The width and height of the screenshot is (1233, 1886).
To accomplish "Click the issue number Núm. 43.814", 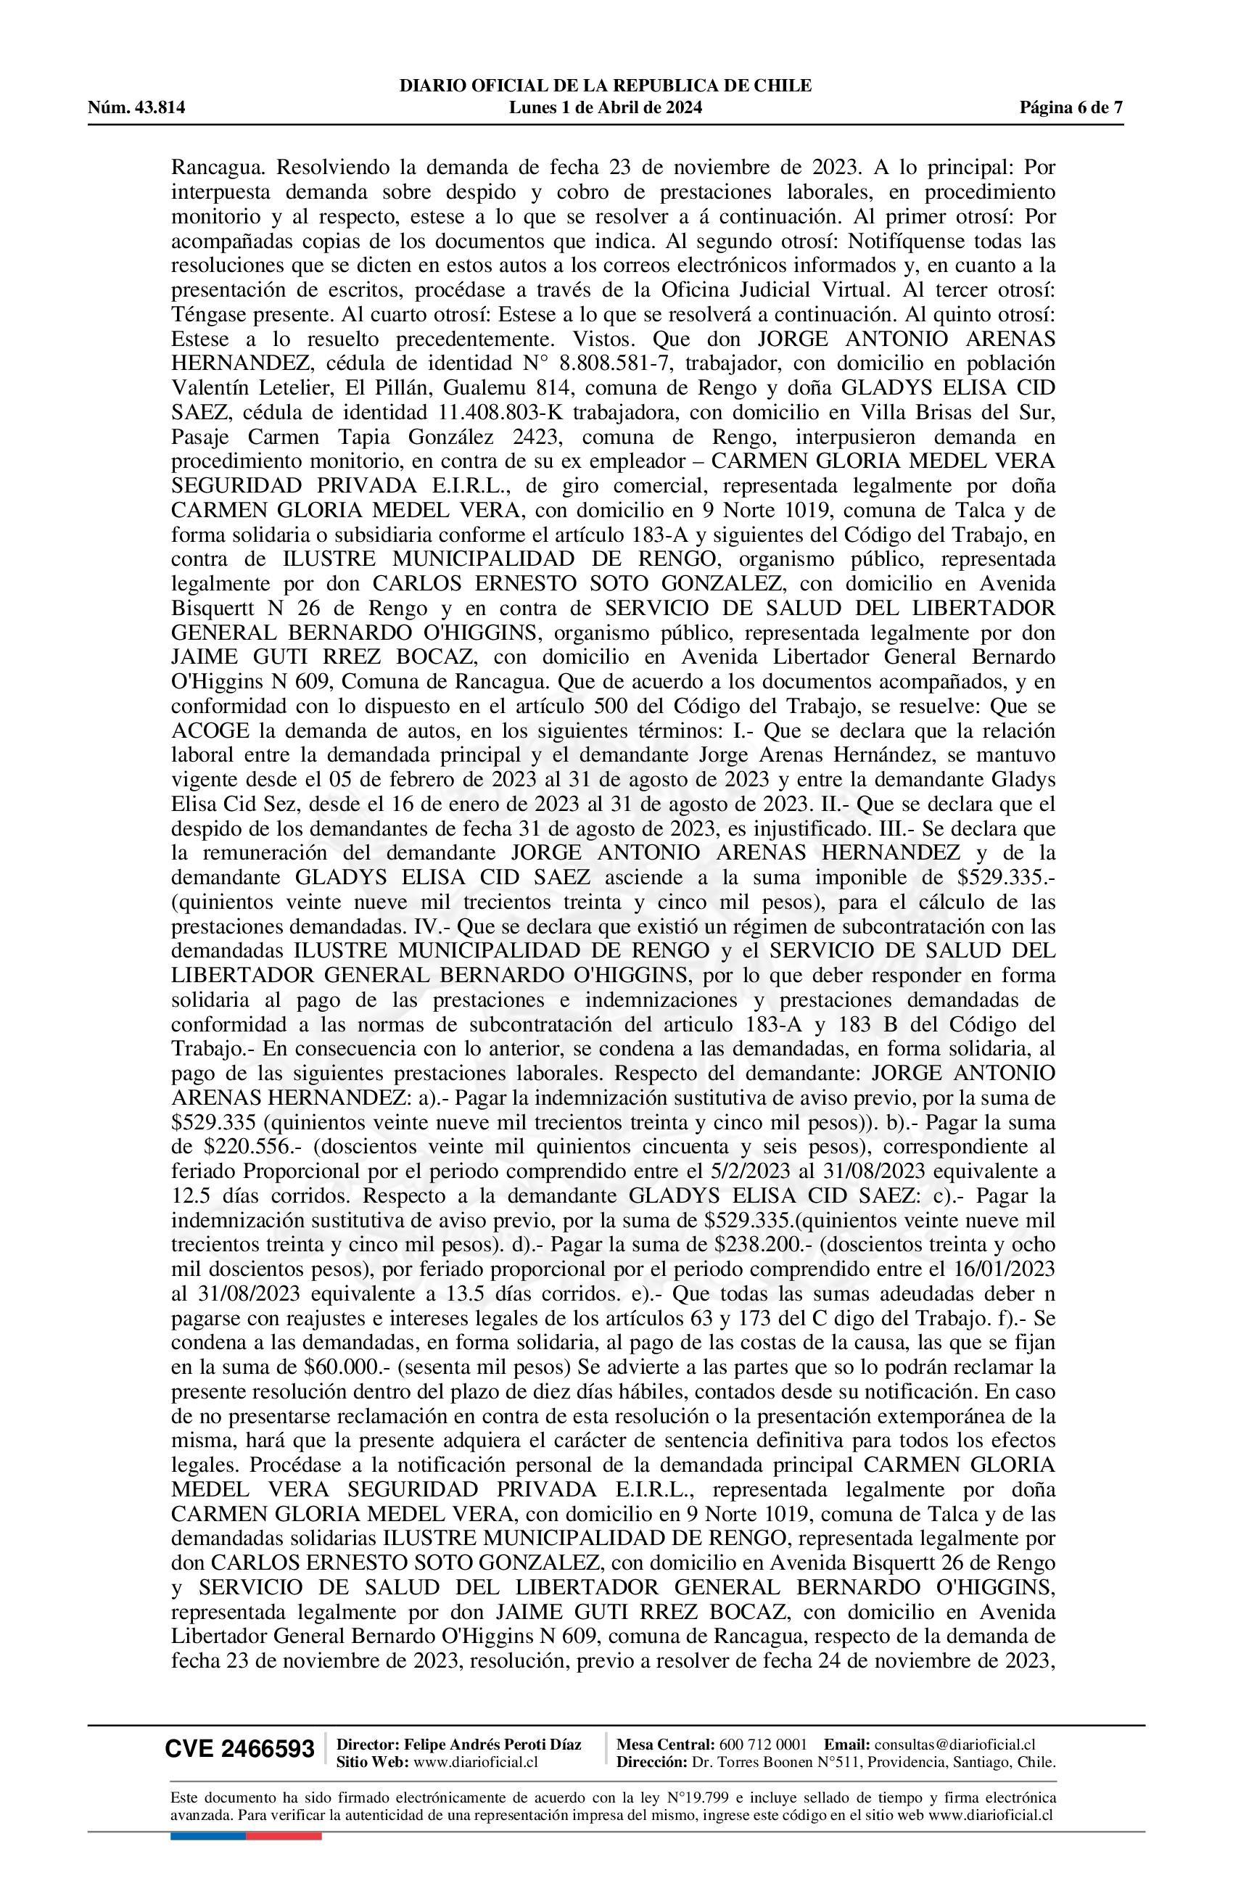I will (136, 108).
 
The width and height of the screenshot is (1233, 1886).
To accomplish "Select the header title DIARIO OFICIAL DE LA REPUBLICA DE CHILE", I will (606, 86).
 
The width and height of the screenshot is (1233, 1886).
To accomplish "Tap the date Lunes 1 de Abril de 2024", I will (606, 108).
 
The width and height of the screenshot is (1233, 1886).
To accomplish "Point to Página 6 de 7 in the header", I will (1071, 108).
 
